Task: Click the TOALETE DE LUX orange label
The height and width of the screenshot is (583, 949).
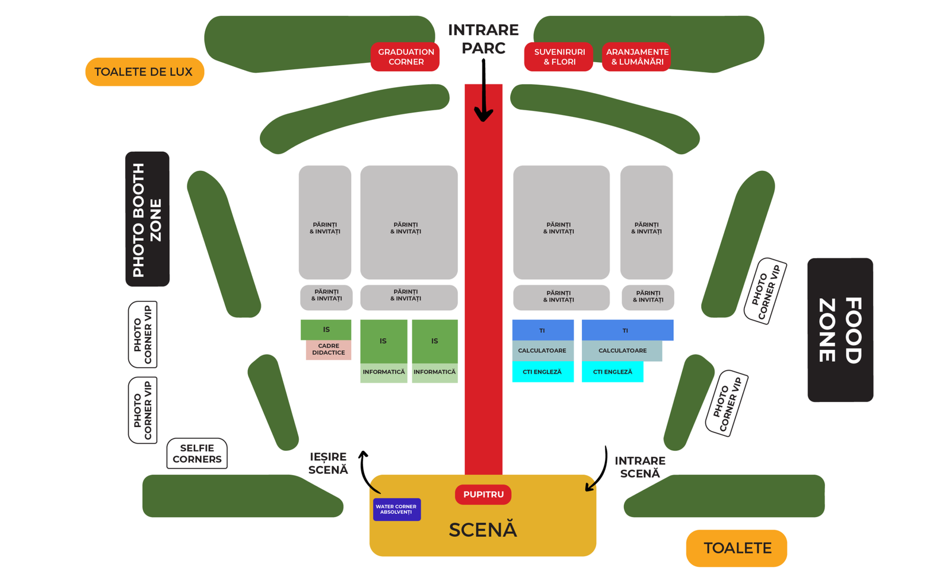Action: (x=145, y=72)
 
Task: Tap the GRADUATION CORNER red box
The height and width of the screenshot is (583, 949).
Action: (x=405, y=57)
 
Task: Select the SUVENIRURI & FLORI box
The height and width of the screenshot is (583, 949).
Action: (x=558, y=57)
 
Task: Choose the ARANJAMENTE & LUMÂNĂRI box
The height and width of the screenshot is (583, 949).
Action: (x=636, y=57)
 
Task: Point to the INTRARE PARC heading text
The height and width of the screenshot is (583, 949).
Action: (x=483, y=39)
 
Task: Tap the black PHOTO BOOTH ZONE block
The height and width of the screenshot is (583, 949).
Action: (x=148, y=219)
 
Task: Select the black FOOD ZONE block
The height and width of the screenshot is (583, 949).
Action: (x=840, y=330)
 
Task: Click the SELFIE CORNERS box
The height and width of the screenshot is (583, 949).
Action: (x=197, y=453)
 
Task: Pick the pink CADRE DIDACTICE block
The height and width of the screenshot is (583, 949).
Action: (x=329, y=349)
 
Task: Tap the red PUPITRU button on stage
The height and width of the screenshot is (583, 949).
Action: (x=483, y=495)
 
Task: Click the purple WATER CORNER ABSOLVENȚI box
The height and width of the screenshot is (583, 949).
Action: (x=397, y=509)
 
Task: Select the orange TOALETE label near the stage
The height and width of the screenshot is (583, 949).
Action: (x=736, y=548)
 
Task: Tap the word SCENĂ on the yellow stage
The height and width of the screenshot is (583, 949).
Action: (x=483, y=530)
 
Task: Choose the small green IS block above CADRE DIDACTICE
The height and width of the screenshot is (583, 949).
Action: (x=326, y=330)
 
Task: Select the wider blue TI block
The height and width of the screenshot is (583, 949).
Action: (x=628, y=330)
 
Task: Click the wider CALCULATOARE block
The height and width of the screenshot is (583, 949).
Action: (x=622, y=351)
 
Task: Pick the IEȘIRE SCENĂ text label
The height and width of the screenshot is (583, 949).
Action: (x=329, y=463)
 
